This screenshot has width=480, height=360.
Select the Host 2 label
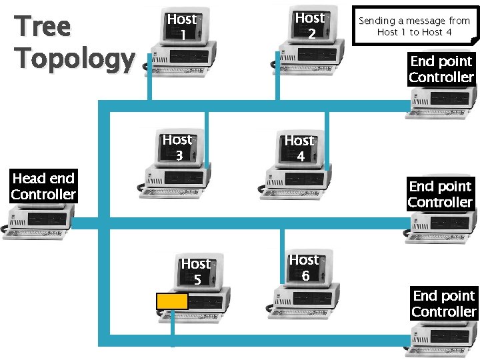[309, 25]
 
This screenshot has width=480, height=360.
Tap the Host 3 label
[177, 147]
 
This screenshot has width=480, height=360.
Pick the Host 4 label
[299, 148]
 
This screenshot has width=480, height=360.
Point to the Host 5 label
[196, 271]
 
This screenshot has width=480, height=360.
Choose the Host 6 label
[304, 267]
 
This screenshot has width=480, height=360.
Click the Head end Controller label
[43, 187]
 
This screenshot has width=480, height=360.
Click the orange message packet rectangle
[172, 301]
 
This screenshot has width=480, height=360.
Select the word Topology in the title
[75, 59]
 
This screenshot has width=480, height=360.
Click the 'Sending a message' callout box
[414, 26]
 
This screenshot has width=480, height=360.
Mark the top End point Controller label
[441, 69]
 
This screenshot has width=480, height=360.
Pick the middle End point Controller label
[440, 194]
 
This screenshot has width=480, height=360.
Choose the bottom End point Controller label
[443, 303]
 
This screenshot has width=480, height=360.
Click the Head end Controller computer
[40, 220]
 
